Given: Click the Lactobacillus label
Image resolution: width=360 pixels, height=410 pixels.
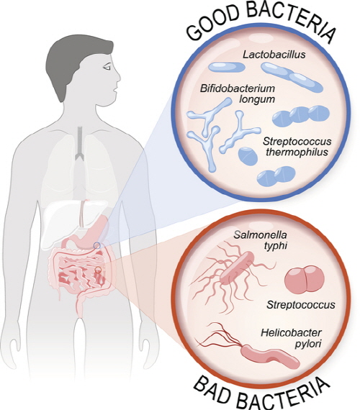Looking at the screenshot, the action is click(x=274, y=55).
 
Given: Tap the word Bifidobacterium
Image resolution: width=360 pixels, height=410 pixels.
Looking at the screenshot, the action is click(x=238, y=88).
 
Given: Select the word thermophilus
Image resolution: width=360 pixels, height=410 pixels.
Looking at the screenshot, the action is click(x=297, y=152).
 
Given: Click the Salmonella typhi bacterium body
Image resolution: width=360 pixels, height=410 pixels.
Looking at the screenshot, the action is click(x=237, y=268).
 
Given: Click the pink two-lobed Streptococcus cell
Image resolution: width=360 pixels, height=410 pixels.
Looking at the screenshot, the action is click(x=305, y=279).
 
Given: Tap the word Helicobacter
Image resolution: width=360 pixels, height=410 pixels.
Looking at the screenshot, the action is click(x=291, y=333).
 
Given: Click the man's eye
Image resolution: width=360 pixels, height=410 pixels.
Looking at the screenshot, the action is click(x=107, y=68).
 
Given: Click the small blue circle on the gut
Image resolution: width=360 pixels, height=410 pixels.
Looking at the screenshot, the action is click(x=97, y=245).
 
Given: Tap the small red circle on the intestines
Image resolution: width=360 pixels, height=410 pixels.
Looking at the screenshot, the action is click(x=98, y=270).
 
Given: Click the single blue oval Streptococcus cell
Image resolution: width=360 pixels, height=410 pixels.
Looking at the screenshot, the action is click(x=248, y=156).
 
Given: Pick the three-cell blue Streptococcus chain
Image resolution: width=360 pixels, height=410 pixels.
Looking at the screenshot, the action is click(x=301, y=116).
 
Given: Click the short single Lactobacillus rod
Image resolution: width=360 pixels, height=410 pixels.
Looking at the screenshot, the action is click(x=227, y=67).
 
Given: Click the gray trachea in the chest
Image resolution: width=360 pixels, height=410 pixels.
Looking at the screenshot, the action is click(x=79, y=143).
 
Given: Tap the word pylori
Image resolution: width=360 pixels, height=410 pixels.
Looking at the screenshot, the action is click(x=308, y=344).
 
